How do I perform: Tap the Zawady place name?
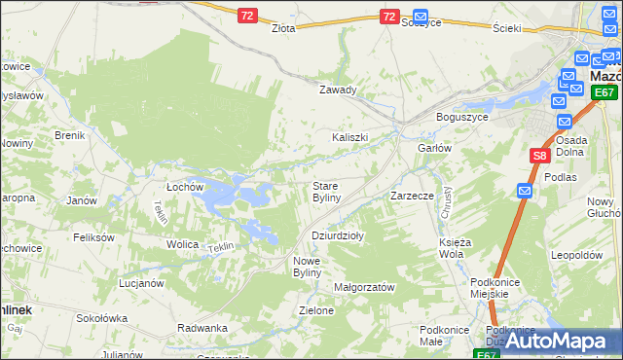coord(339,90)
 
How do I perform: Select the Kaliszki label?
coord(349,137)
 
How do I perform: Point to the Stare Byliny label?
coord(325,192)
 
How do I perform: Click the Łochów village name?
coord(184,186)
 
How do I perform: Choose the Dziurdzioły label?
coord(337,235)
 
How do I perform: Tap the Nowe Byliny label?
coord(313,267)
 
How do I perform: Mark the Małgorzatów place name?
coord(363,288)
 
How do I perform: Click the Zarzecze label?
coord(412,196)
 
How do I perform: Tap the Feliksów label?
coord(93,237)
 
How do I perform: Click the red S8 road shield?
coord(540,155)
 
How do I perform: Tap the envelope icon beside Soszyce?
coord(421,17)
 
